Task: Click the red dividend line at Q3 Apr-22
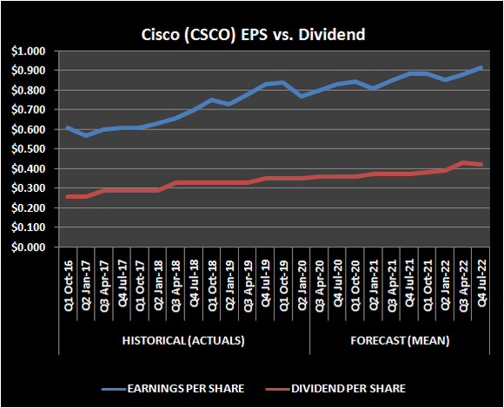click(x=462, y=162)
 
